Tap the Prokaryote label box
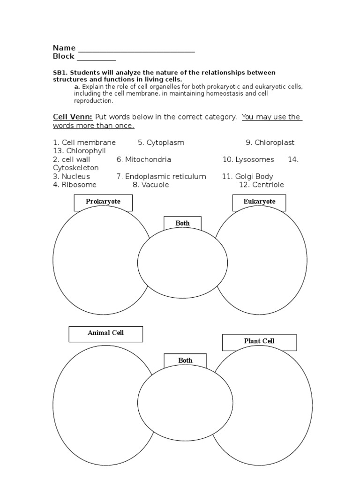(x=103, y=202)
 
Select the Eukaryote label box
(x=259, y=202)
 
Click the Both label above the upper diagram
(x=182, y=224)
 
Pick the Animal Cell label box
(x=105, y=333)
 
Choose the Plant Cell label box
(x=259, y=342)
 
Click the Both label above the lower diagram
(x=185, y=361)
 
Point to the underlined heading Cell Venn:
(x=73, y=117)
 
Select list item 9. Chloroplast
(x=270, y=142)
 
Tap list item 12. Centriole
(x=262, y=185)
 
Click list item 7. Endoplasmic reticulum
(x=161, y=177)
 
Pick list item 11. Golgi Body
(x=247, y=177)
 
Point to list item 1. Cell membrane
(x=84, y=142)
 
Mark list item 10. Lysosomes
(x=248, y=160)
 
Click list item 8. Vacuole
(x=150, y=185)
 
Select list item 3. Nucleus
(x=71, y=177)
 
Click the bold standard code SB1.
(x=60, y=73)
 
